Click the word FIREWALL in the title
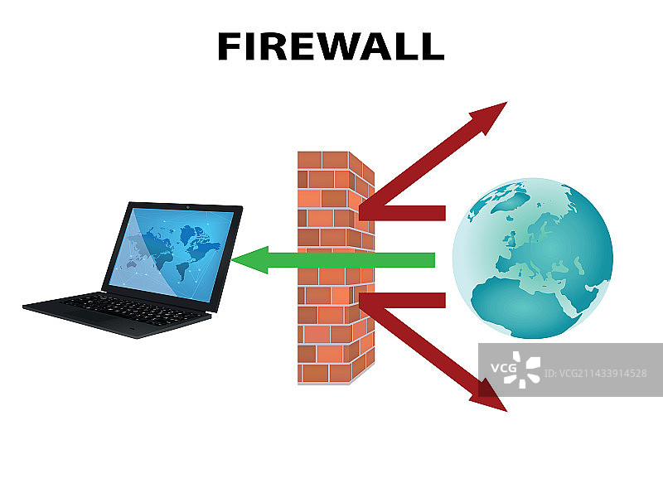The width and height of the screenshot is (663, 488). (x=330, y=46)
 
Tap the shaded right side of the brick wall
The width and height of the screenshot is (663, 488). (x=365, y=273)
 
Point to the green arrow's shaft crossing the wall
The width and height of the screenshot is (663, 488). (x=331, y=260)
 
